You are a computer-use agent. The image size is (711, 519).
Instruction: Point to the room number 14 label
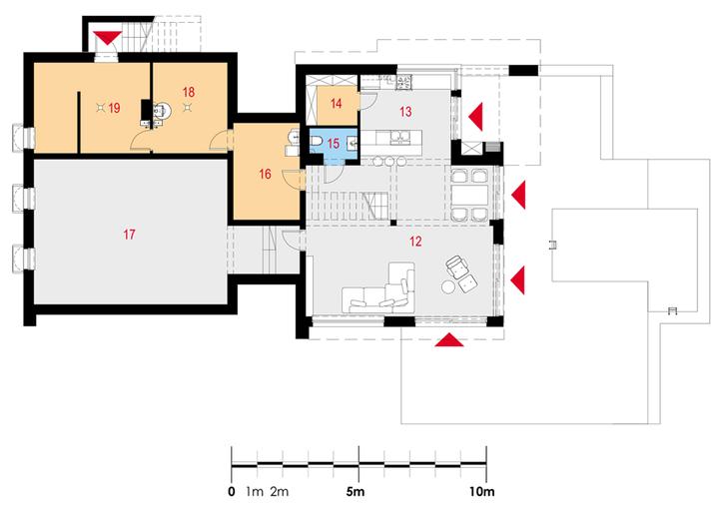[x=337, y=103]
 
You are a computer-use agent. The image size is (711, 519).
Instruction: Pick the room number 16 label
[x=265, y=174]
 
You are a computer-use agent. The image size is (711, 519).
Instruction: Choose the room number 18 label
[x=189, y=92]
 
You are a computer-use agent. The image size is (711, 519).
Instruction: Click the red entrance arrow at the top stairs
[x=107, y=39]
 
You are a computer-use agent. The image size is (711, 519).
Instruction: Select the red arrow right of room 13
[x=477, y=114]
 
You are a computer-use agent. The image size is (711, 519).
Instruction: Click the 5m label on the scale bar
[x=356, y=492]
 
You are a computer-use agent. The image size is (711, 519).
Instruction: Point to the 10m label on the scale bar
[x=482, y=492]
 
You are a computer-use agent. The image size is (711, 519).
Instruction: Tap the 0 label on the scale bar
[x=232, y=492]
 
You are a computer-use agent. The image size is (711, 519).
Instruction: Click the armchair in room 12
[x=460, y=266]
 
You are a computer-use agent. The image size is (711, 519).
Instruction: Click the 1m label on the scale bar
[x=255, y=492]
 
